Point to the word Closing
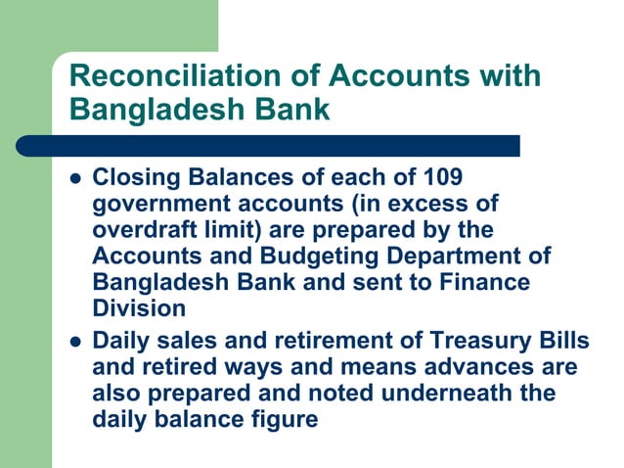[x=132, y=179]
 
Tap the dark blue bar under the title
[x=269, y=146]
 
